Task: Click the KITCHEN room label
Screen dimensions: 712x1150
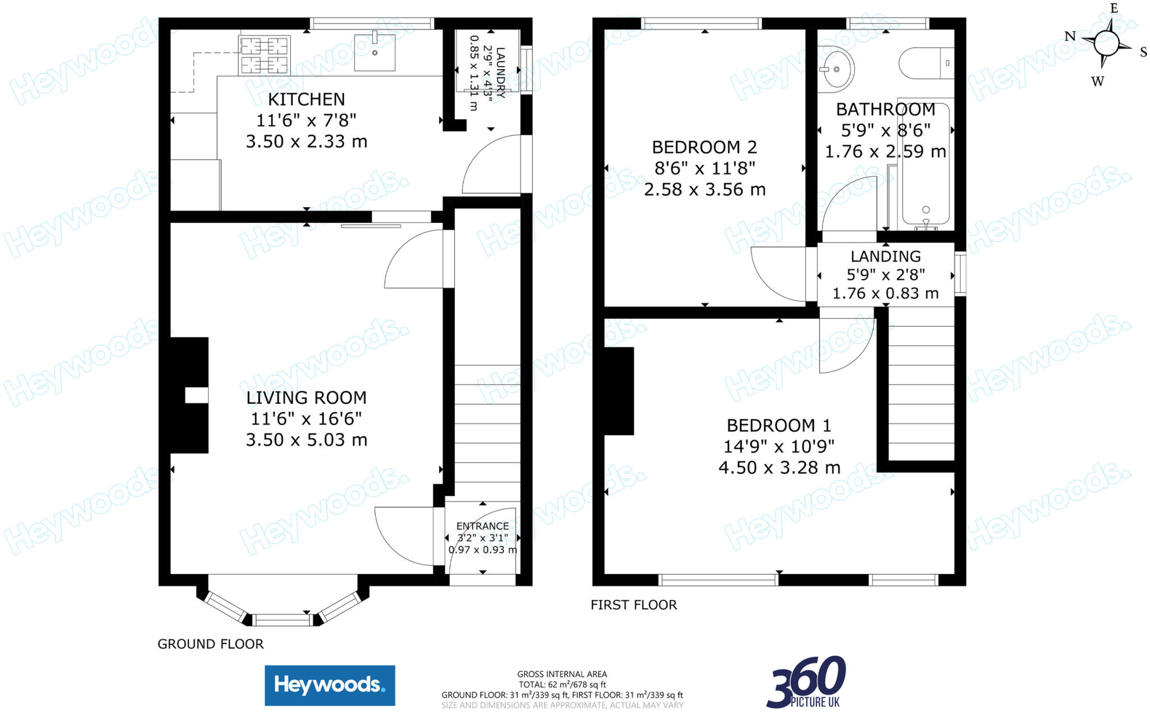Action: [306, 99]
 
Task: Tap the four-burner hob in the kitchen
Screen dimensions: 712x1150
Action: [264, 55]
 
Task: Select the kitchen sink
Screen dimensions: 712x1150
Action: [375, 52]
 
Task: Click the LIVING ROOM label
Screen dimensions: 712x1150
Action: [306, 398]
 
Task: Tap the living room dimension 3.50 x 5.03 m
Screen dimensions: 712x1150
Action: [306, 440]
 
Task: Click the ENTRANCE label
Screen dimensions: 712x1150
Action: [482, 526]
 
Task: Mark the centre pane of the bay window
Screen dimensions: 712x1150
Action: [282, 620]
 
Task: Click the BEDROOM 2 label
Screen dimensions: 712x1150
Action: [704, 147]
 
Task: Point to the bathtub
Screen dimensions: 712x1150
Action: [925, 168]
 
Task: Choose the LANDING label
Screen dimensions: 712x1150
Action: [886, 257]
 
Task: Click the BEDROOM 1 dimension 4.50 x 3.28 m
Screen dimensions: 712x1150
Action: [779, 468]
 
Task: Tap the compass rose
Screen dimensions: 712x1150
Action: [1106, 43]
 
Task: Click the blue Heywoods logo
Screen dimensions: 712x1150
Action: [330, 685]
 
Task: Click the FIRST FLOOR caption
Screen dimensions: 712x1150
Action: [633, 605]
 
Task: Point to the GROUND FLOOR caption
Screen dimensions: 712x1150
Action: [210, 644]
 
